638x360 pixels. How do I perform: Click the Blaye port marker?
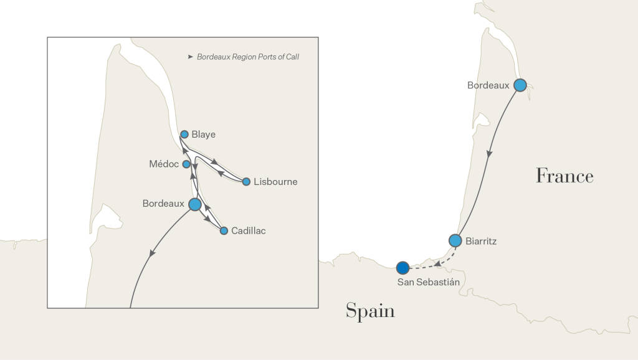[x=184, y=134]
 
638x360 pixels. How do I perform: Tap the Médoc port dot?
[x=186, y=164]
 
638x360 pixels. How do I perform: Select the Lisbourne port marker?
[x=246, y=182]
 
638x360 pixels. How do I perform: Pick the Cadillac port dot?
[x=224, y=230]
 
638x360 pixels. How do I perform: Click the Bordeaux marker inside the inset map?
[x=195, y=204]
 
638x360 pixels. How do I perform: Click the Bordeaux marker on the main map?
[x=520, y=85]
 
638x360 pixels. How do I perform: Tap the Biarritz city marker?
[x=455, y=240]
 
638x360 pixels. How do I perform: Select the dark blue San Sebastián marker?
[x=402, y=268]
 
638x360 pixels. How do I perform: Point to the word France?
[x=564, y=176]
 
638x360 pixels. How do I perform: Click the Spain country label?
[x=370, y=311]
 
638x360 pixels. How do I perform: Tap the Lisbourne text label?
[x=275, y=182]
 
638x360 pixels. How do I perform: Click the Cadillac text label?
[x=249, y=231]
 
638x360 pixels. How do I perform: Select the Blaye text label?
[x=204, y=134]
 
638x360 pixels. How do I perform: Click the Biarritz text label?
[x=481, y=241]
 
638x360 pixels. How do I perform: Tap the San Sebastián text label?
[x=428, y=282]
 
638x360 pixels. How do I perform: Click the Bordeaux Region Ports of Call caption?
[x=248, y=57]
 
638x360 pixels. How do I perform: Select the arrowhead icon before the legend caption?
[x=190, y=57]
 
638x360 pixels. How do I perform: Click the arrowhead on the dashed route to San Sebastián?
[x=439, y=264]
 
